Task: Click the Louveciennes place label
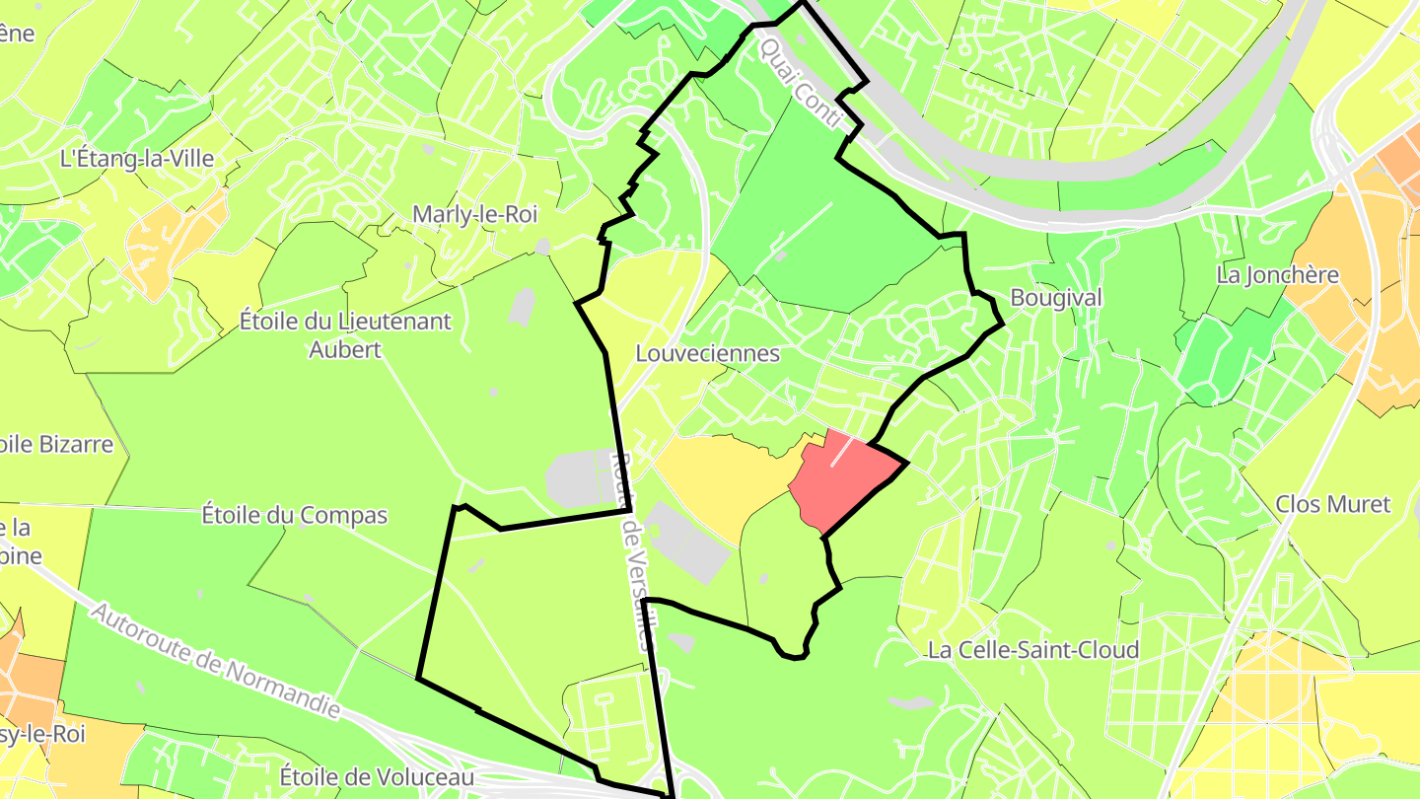(708, 353)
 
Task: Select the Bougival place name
(1056, 298)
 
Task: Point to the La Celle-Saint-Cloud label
(1033, 650)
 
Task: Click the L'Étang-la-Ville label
(137, 158)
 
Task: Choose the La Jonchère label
(1278, 274)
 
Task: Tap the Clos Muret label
(1332, 504)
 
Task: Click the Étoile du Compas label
(295, 515)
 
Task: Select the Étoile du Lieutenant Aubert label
(345, 334)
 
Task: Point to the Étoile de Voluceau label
(377, 776)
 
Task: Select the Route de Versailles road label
(634, 552)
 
